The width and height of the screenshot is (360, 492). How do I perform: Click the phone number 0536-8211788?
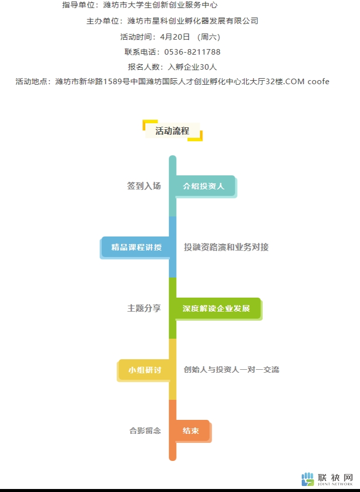pyautogui.click(x=192, y=52)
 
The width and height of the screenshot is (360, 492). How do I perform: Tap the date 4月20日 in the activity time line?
pyautogui.click(x=175, y=37)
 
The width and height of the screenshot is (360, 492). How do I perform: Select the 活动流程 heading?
pyautogui.click(x=172, y=131)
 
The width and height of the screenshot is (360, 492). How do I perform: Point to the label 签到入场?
pyautogui.click(x=144, y=186)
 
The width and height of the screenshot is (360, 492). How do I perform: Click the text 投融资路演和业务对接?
pyautogui.click(x=226, y=247)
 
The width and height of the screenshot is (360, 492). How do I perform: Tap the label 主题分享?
pyautogui.click(x=144, y=308)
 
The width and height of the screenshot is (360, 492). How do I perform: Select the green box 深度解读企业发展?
pyautogui.click(x=218, y=309)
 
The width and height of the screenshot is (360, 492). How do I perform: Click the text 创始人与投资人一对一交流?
pyautogui.click(x=232, y=369)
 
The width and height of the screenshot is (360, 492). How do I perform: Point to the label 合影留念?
pyautogui.click(x=145, y=430)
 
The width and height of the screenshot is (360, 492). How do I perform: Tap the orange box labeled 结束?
pyautogui.click(x=192, y=430)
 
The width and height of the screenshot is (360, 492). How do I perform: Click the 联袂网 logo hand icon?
pyautogui.click(x=307, y=479)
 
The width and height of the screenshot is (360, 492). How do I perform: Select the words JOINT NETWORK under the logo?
pyautogui.click(x=335, y=484)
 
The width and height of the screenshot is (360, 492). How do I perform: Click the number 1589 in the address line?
pyautogui.click(x=112, y=82)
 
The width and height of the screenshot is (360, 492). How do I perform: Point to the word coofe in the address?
pyautogui.click(x=318, y=82)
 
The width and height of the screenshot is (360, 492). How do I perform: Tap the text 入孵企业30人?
pyautogui.click(x=192, y=67)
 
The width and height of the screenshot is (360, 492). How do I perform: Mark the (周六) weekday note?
pyautogui.click(x=209, y=37)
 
